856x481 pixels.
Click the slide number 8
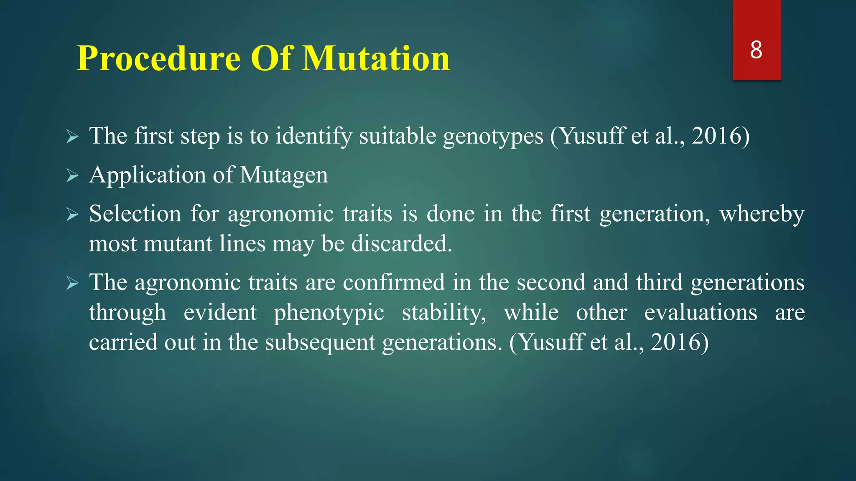[756, 50]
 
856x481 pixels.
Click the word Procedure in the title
[158, 59]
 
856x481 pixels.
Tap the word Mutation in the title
[376, 59]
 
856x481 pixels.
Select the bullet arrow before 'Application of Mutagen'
[72, 176]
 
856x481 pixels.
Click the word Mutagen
[284, 175]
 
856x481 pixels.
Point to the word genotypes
[493, 137]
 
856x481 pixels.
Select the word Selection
[135, 214]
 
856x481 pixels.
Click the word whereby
[762, 214]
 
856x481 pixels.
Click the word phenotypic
[329, 313]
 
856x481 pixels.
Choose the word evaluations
[701, 312]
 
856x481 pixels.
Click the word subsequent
[320, 342]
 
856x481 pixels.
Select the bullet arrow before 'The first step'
[72, 137]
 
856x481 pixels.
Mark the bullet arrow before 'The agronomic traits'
[72, 284]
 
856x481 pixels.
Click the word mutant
[178, 243]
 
